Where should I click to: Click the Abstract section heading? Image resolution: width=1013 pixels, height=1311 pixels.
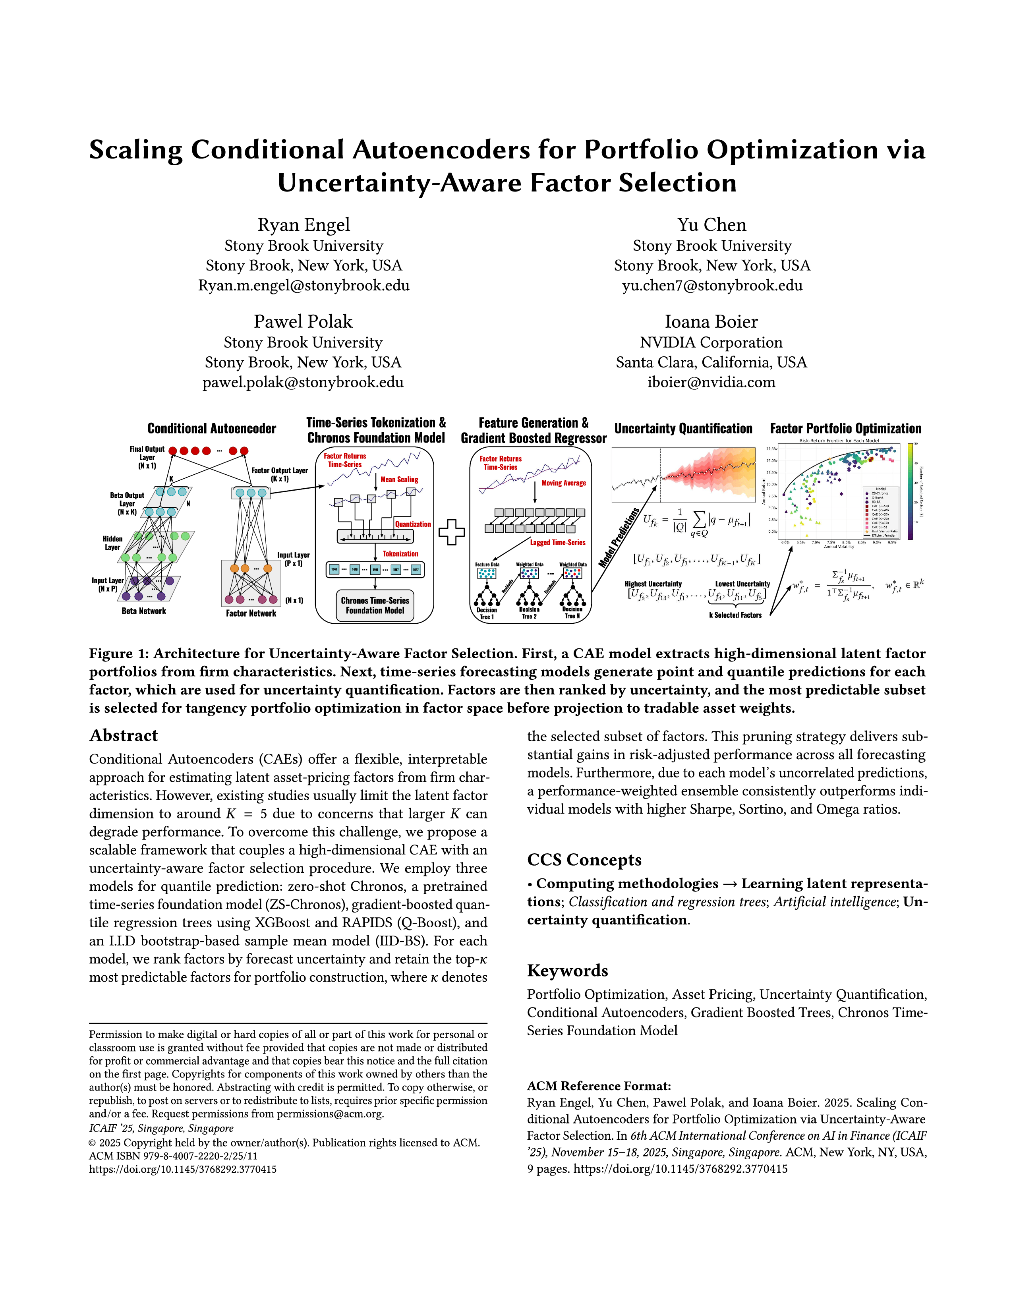pos(124,735)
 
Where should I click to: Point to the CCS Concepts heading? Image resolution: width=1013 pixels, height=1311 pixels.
pos(584,860)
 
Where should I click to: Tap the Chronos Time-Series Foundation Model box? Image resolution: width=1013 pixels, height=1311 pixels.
pos(375,605)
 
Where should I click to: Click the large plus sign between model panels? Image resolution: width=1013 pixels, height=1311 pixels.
pos(451,532)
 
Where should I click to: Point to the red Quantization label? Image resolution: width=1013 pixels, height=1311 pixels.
pos(412,524)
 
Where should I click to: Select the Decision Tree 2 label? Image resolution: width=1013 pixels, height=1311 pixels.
pos(529,613)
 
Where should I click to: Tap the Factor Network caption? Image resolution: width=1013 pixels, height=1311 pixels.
pos(251,613)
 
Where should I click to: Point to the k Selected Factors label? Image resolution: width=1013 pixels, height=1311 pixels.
pos(735,615)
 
